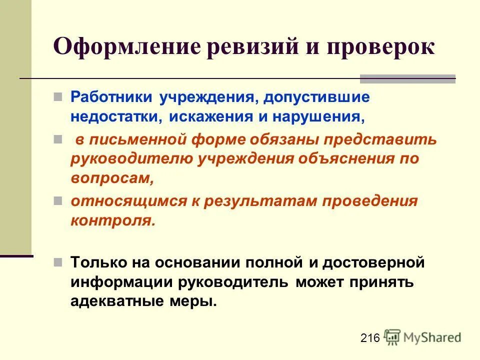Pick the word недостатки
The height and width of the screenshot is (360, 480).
tap(116, 116)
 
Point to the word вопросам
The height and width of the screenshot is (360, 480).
tap(111, 178)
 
